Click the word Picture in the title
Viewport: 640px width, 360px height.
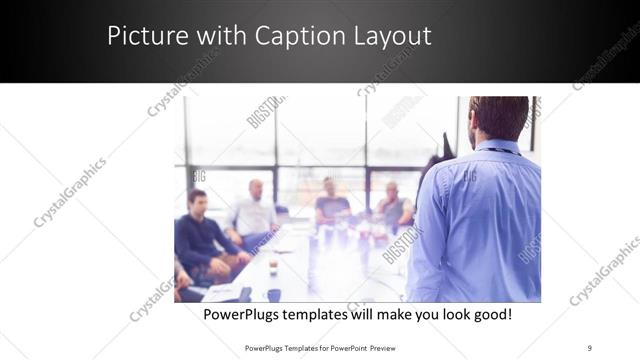144,36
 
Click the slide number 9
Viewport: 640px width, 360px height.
589,347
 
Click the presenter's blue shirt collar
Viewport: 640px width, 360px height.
500,148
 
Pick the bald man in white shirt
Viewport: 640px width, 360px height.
254,211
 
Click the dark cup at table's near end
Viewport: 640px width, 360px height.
274,295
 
